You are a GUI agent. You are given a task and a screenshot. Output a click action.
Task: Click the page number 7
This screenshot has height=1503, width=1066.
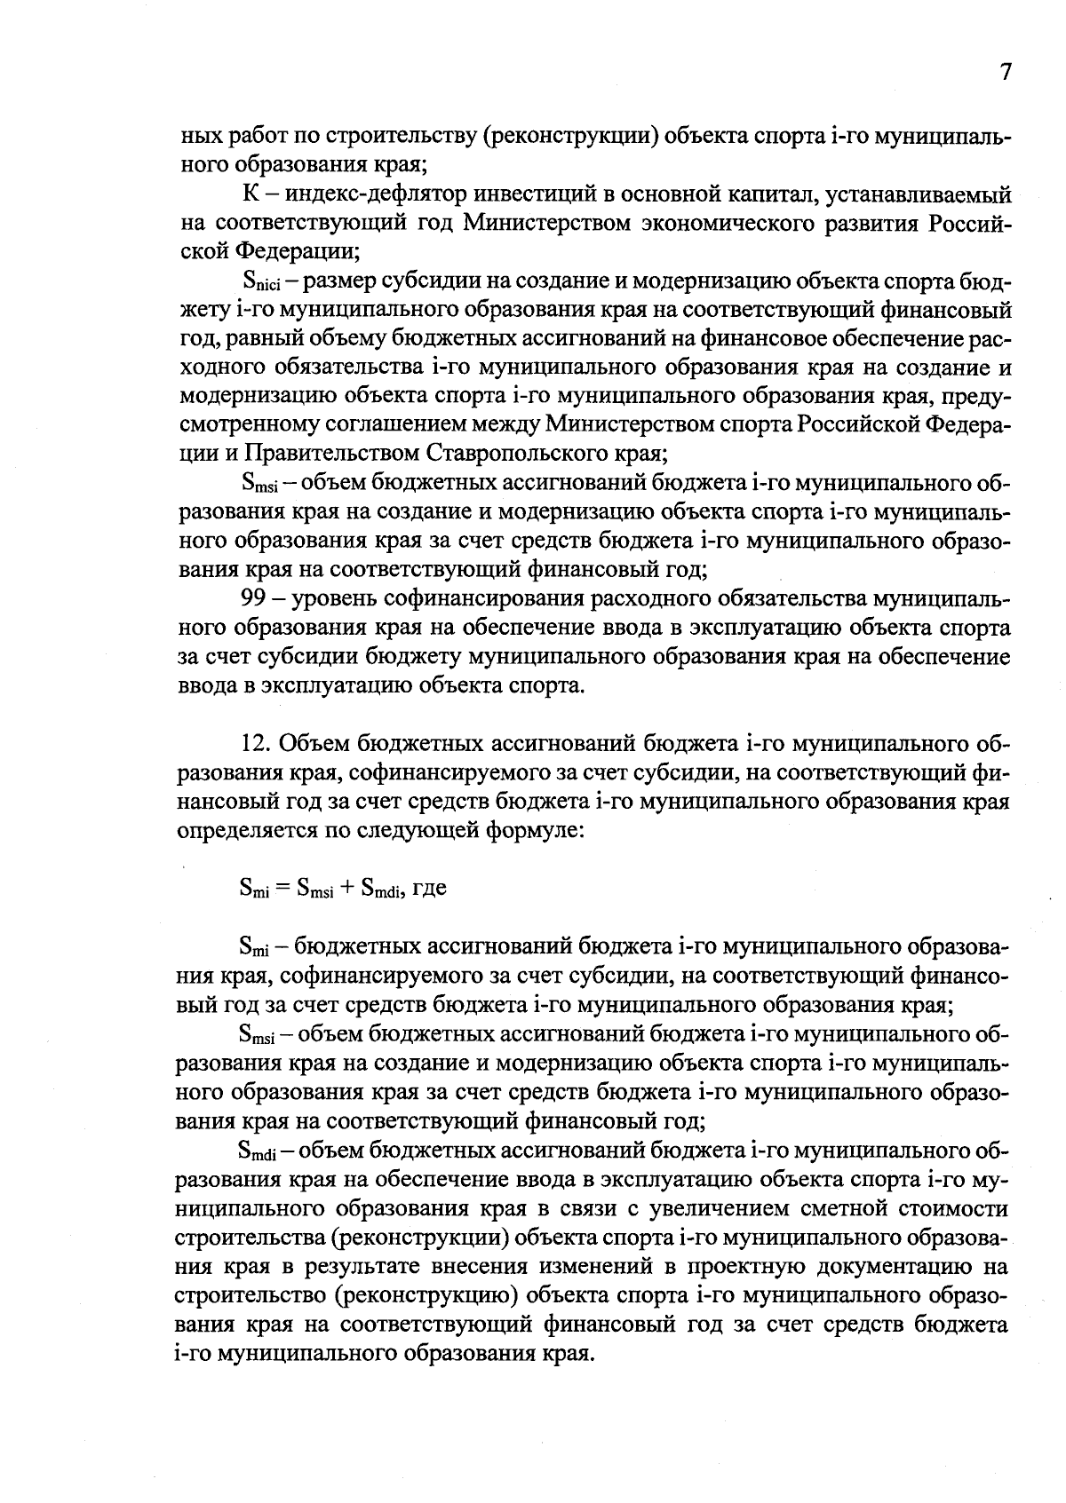point(1005,73)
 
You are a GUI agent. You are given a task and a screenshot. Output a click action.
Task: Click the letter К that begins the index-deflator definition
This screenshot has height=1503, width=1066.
point(251,194)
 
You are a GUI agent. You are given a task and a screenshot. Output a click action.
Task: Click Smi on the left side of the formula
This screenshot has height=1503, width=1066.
point(253,888)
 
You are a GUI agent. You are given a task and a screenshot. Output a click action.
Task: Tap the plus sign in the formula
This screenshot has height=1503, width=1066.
point(347,888)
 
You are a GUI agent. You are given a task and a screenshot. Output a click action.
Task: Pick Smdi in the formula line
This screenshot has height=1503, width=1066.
point(380,888)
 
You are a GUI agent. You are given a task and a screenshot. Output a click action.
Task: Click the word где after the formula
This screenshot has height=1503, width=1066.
point(430,888)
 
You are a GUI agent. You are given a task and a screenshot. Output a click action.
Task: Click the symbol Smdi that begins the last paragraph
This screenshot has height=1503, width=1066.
point(259,1151)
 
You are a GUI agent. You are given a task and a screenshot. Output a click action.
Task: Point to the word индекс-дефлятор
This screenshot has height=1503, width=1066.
point(381,194)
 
